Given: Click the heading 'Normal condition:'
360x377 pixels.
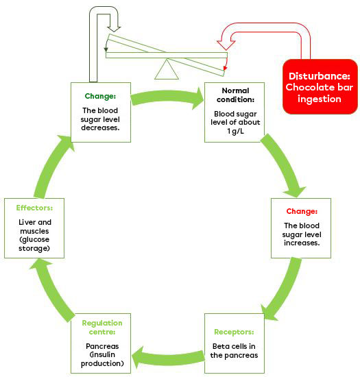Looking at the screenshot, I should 235,95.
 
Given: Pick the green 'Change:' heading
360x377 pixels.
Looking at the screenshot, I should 100,96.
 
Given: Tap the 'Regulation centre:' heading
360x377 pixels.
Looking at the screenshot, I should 101,327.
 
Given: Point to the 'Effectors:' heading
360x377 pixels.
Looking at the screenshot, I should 34,207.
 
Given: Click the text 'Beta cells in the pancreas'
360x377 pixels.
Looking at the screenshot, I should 235,350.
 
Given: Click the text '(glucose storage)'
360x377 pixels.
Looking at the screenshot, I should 34,243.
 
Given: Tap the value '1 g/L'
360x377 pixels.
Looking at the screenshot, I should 235,131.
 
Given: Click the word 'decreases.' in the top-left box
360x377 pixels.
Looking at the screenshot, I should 100,127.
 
